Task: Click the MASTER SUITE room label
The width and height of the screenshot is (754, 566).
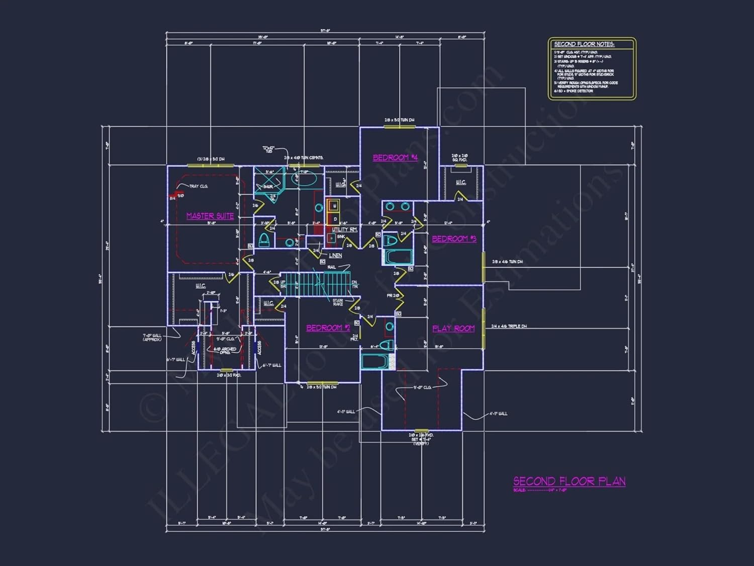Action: [x=210, y=216]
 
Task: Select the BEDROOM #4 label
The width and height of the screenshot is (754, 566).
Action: [x=395, y=157]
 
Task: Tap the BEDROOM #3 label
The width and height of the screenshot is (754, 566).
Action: [x=454, y=238]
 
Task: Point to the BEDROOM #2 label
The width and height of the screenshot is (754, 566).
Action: [x=328, y=328]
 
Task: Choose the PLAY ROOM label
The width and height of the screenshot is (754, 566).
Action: [x=453, y=329]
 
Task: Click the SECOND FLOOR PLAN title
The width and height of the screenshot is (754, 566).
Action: [x=569, y=481]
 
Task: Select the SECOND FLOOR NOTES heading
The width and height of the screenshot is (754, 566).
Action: [x=584, y=44]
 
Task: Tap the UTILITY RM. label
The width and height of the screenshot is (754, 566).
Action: [x=344, y=229]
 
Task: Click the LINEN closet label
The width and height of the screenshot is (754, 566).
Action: [x=335, y=256]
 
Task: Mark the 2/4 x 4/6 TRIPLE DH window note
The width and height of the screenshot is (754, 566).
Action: [x=509, y=327]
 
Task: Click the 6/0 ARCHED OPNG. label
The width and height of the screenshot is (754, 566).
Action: [x=225, y=350]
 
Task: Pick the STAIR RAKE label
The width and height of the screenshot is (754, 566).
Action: [x=338, y=302]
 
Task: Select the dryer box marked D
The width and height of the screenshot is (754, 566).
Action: [x=335, y=219]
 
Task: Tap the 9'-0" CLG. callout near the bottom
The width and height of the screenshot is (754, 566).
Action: [x=422, y=387]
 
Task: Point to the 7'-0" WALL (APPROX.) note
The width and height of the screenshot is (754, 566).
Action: [x=152, y=337]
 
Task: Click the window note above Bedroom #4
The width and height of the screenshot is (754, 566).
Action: [x=399, y=120]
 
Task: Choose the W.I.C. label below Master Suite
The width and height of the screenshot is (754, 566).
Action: [x=200, y=286]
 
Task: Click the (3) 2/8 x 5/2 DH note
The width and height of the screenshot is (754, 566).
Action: [x=211, y=159]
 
